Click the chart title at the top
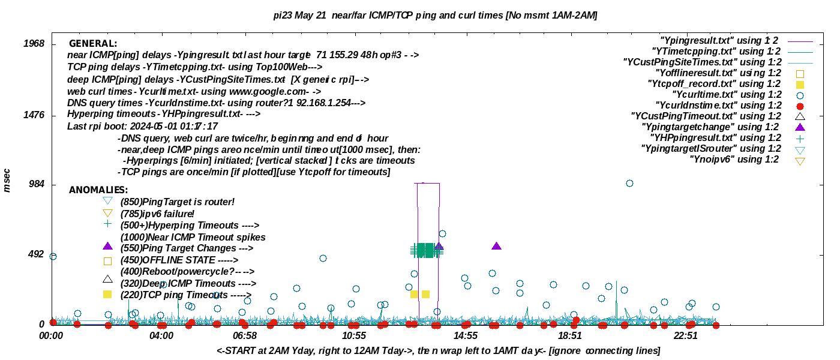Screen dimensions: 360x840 [x=435, y=15]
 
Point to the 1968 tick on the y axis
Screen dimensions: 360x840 [x=34, y=44]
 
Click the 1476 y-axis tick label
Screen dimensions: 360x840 [x=34, y=115]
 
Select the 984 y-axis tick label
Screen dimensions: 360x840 [x=37, y=184]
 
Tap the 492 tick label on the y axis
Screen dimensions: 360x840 [x=37, y=254]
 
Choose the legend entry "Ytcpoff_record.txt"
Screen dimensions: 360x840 [x=714, y=84]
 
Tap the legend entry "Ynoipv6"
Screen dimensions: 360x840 [x=734, y=160]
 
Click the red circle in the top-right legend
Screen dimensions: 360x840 [x=800, y=106]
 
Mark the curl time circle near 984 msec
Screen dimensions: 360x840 [x=629, y=183]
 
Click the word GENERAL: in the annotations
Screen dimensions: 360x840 [x=93, y=44]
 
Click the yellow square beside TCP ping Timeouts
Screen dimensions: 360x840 [x=107, y=295]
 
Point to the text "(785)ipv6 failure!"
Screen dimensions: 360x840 [x=157, y=214]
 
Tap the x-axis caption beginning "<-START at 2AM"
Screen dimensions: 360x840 [x=439, y=350]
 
